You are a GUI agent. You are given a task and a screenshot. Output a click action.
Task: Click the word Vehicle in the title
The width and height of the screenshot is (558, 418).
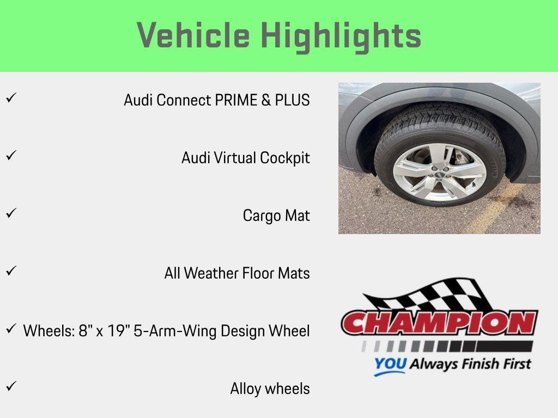[x=193, y=36]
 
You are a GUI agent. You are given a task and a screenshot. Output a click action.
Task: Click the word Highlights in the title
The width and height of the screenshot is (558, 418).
[x=341, y=36]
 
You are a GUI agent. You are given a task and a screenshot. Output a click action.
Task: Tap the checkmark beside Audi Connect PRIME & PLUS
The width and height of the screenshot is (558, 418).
[x=10, y=98]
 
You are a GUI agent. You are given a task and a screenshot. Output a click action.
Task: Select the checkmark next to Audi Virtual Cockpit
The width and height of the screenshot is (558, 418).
[x=10, y=156]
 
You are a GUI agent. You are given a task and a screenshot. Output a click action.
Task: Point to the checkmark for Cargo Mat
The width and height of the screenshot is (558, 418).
[x=10, y=213]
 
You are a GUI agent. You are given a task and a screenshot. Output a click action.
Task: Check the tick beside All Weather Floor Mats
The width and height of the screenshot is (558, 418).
[x=10, y=271]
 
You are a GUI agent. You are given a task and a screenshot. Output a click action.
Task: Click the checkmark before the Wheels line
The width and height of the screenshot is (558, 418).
[x=10, y=329]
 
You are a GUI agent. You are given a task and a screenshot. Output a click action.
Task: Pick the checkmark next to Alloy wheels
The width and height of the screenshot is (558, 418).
[x=10, y=386]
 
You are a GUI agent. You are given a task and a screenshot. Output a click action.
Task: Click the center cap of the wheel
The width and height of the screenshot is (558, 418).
[x=439, y=173]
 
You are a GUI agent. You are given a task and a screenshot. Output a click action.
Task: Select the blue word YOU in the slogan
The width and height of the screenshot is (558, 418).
[x=390, y=364]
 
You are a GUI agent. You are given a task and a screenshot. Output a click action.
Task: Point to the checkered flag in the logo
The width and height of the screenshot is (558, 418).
[x=430, y=297]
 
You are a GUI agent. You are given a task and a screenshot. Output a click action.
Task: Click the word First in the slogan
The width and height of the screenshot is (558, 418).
[x=514, y=363]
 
